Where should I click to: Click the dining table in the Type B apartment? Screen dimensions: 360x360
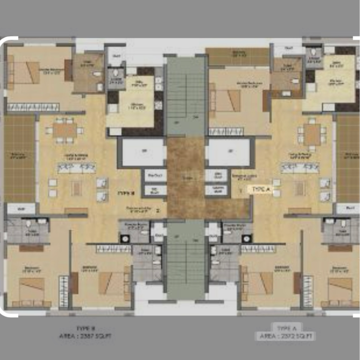coord(64,130)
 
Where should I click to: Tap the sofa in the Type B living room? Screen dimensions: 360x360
coord(76,167)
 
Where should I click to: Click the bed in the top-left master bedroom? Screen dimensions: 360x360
coord(24,73)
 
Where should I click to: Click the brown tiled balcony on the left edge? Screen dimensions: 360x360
coord(19,157)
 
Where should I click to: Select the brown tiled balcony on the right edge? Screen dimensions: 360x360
coord(348,157)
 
